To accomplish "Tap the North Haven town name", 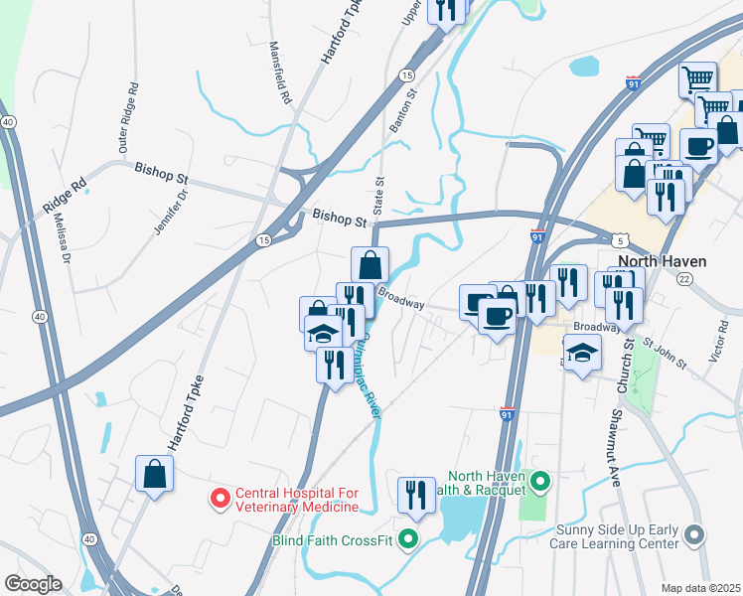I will pos(662,261).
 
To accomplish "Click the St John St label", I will pos(665,354).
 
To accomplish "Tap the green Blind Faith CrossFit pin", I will pos(406,540).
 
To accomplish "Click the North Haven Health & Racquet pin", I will pos(540,484).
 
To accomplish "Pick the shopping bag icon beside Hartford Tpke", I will pos(155,473).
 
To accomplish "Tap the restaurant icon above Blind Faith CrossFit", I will pos(416,494).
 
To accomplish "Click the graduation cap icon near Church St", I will pos(582,352).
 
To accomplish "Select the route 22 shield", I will pos(684,280).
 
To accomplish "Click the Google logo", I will pos(33,584).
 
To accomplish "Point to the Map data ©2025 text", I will pos(700,588).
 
